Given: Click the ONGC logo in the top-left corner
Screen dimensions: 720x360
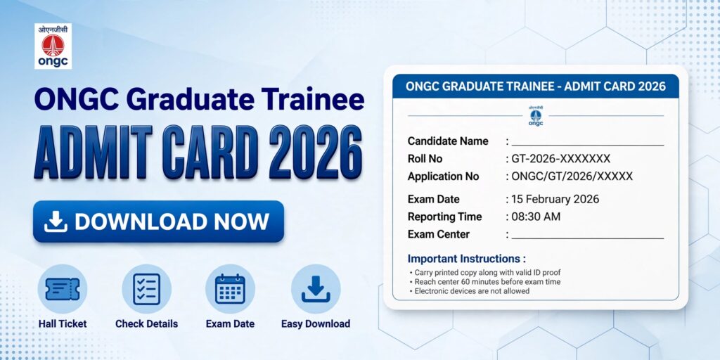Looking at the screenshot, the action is pyautogui.click(x=53, y=46).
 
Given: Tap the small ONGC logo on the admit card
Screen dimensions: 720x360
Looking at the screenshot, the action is pyautogui.click(x=535, y=116).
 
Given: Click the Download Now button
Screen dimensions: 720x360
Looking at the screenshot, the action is pyautogui.click(x=158, y=221).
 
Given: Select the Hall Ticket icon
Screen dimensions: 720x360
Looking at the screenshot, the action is pyautogui.click(x=63, y=289).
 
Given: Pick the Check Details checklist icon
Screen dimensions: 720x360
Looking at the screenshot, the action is pyautogui.click(x=146, y=289).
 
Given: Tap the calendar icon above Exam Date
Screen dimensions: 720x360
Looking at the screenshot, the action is pyautogui.click(x=230, y=289).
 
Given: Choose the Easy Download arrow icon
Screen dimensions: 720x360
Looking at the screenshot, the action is pyautogui.click(x=316, y=289).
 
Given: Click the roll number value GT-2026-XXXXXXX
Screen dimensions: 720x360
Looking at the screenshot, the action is pyautogui.click(x=560, y=159).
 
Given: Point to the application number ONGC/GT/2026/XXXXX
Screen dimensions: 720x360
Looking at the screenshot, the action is pyautogui.click(x=572, y=176).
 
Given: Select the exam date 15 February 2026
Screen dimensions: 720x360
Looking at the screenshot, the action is pyautogui.click(x=555, y=199).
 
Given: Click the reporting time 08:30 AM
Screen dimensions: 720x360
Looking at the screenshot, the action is pyautogui.click(x=536, y=217).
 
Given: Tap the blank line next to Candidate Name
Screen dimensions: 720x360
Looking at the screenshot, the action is pyautogui.click(x=588, y=145).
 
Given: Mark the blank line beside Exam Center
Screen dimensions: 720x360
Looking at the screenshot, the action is pyautogui.click(x=588, y=238).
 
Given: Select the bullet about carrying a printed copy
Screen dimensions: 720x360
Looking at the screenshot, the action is pyautogui.click(x=485, y=272).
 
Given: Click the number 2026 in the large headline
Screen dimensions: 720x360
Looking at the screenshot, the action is pyautogui.click(x=316, y=152).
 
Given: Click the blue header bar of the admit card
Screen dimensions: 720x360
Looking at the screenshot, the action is pyautogui.click(x=535, y=86).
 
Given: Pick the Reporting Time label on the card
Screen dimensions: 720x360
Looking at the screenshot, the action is pyautogui.click(x=444, y=217).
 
